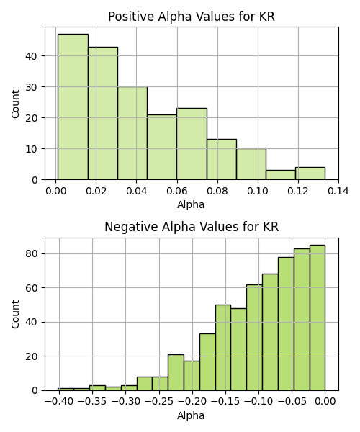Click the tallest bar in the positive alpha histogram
(x=73, y=107)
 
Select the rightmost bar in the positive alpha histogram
(x=310, y=174)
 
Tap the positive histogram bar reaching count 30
(x=132, y=133)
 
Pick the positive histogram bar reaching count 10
(x=251, y=164)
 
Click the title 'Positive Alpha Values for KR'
(x=192, y=17)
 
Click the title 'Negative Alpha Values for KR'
(x=192, y=227)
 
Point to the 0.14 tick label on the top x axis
(x=338, y=191)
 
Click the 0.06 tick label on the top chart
(x=177, y=191)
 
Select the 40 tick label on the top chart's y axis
(x=31, y=56)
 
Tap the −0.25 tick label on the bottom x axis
(x=159, y=402)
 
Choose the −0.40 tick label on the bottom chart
(x=59, y=402)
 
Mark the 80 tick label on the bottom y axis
(x=31, y=253)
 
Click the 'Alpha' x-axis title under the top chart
(x=191, y=204)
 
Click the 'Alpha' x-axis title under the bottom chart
(x=191, y=415)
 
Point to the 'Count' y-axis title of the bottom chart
(x=15, y=315)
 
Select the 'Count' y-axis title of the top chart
(x=15, y=104)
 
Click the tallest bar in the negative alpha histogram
(x=318, y=318)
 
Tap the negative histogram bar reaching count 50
(x=223, y=348)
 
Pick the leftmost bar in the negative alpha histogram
(x=66, y=390)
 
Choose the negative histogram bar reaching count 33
(x=207, y=362)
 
